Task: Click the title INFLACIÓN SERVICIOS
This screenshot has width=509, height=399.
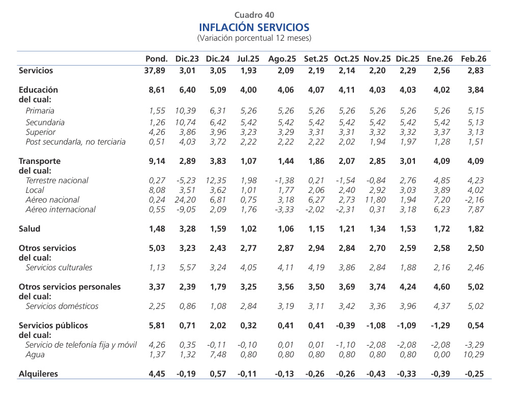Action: pos(254,27)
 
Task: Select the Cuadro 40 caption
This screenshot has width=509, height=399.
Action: pos(254,15)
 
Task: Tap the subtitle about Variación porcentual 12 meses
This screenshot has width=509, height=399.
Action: pos(254,38)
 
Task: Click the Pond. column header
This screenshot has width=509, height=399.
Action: pos(157,59)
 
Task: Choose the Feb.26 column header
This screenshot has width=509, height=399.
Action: pos(473,59)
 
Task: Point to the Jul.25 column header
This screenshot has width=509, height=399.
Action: pos(248,59)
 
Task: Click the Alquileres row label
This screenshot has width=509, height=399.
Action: pos(38,374)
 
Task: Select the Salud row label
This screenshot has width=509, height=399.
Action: pos(29,229)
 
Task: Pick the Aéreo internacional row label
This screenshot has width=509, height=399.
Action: pos(61,209)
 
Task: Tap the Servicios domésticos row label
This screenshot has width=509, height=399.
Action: pos(62,306)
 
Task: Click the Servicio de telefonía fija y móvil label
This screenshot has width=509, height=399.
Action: pos(81,345)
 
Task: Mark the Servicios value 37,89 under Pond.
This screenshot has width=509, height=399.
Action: pos(155,71)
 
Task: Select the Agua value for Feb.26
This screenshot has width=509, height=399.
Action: pos(473,354)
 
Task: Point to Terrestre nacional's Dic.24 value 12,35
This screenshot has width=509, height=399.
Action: pos(217,180)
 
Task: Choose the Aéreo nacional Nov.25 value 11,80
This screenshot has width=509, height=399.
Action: pos(377,199)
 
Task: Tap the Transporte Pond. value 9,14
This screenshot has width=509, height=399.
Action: pos(157,161)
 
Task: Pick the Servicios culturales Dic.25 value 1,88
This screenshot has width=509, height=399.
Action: pos(407,267)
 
